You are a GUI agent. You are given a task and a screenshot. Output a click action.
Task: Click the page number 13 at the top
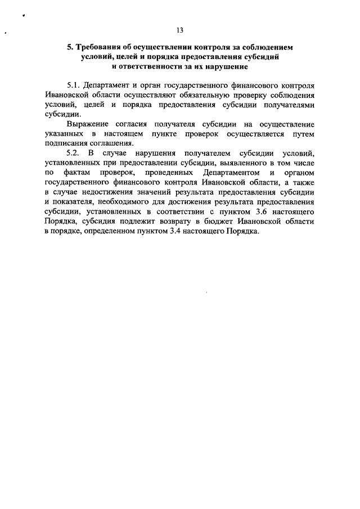pos(179,30)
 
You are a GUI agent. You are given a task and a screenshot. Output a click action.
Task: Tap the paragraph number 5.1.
pos(74,85)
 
